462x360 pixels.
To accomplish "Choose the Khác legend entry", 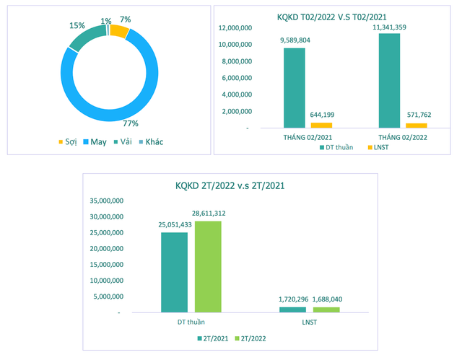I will click(149, 141).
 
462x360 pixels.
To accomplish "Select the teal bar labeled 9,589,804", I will click(294, 87).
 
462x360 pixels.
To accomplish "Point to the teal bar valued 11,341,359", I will click(388, 80).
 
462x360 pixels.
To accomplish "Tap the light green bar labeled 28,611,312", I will click(208, 266).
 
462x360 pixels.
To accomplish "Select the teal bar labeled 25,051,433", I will click(174, 272).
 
